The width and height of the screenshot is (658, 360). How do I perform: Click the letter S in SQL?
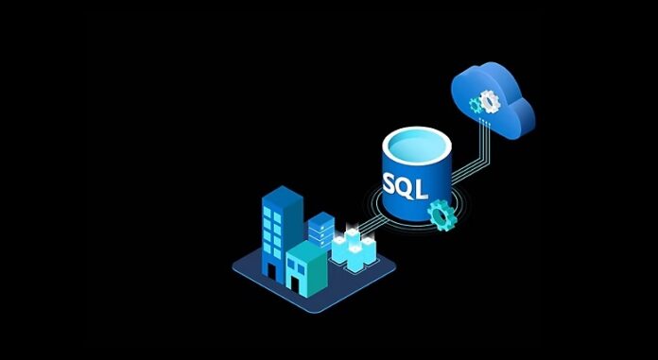(392, 180)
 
